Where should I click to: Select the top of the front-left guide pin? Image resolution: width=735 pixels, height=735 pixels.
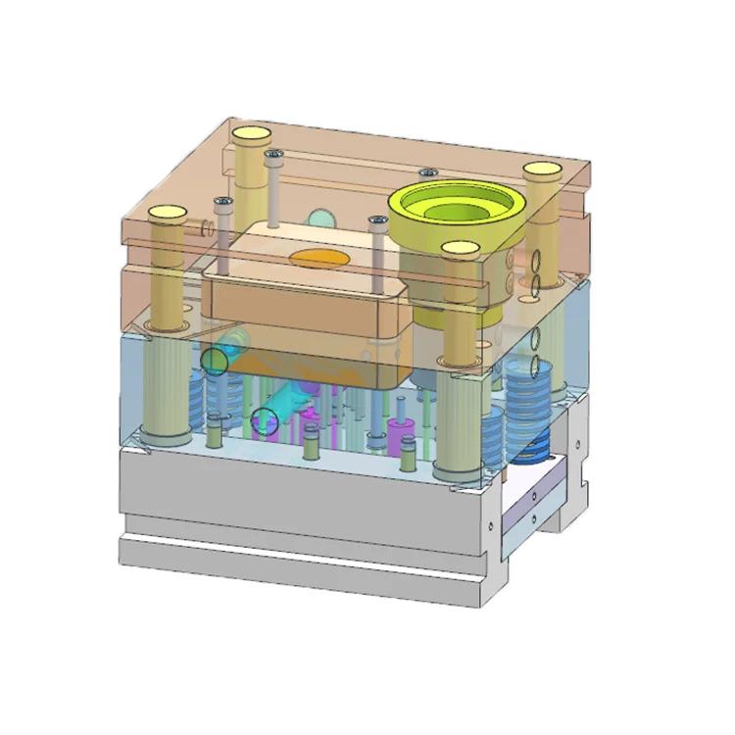pos(167,212)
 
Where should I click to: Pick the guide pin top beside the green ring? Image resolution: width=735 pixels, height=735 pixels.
pos(459,250)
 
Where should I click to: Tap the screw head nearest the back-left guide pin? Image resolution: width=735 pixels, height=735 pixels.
pos(274,154)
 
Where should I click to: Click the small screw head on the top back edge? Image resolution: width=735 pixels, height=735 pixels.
pos(429,171)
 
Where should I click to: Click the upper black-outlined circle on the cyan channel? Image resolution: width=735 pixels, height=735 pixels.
pos(215,361)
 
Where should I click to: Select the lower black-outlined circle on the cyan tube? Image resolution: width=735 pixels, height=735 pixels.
pos(265,422)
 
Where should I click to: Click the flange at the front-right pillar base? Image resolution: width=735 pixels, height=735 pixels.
pos(458,474)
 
